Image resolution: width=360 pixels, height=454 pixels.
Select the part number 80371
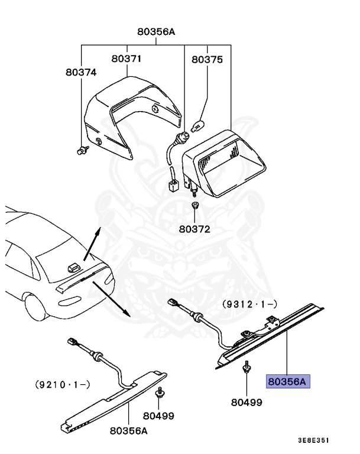pos(127,59)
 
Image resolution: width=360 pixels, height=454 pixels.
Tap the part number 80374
pos(81,72)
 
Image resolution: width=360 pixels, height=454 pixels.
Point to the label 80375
pos(207,59)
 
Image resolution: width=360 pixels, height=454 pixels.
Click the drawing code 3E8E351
pos(314,440)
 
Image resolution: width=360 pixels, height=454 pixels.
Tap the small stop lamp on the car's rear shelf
pos(73,267)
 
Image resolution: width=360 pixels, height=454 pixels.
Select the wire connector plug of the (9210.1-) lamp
pos(74,342)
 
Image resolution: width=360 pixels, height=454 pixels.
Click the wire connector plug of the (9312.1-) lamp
pos(174,302)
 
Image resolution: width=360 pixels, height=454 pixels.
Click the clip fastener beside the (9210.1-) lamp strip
pos(160,393)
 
